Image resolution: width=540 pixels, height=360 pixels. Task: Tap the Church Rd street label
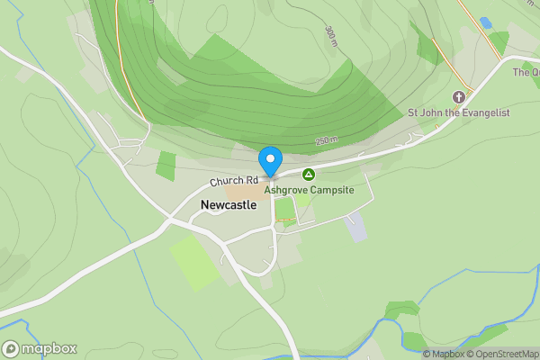click(x=234, y=181)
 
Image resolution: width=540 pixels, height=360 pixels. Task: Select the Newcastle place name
click(x=228, y=205)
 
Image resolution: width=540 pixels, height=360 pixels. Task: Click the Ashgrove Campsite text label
click(x=309, y=190)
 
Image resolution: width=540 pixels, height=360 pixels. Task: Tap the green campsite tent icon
click(x=309, y=174)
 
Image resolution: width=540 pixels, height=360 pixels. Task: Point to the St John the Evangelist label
click(x=459, y=112)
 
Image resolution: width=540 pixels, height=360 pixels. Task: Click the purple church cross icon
click(x=459, y=96)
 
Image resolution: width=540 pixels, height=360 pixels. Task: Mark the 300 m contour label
click(x=332, y=36)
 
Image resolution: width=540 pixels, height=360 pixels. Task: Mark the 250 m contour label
click(x=326, y=140)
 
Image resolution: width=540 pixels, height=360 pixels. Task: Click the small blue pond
click(x=486, y=22)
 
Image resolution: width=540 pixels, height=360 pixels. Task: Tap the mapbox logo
click(x=40, y=348)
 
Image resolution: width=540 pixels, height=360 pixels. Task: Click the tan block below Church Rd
click(x=241, y=192)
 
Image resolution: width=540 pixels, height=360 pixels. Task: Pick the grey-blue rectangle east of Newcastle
click(x=356, y=226)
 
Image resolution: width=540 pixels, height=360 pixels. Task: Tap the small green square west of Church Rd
click(x=166, y=166)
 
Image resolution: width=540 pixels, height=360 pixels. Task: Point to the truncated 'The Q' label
click(x=526, y=72)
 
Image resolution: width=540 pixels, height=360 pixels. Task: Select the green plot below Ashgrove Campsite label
click(x=284, y=209)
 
